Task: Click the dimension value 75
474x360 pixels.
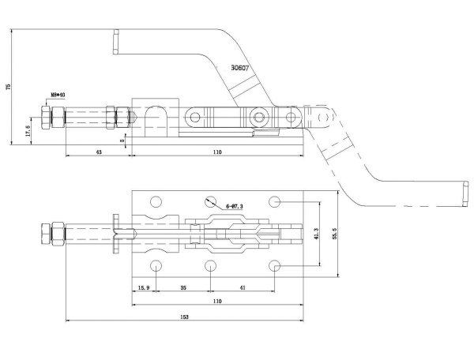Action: [9, 88]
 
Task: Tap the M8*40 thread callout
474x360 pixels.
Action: [58, 94]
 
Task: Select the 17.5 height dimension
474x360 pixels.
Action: [29, 129]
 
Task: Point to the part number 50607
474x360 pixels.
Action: [240, 69]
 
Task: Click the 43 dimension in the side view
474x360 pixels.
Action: [98, 151]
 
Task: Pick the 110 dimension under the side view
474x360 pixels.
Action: [216, 151]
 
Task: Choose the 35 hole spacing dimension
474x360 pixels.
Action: [183, 288]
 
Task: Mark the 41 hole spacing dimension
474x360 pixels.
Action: [243, 288]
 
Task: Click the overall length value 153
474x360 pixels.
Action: [183, 317]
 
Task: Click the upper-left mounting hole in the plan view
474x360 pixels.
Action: [156, 201]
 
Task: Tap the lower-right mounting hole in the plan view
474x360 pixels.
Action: [275, 265]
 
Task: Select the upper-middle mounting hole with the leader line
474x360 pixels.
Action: [211, 201]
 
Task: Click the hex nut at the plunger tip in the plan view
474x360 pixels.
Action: [58, 234]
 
